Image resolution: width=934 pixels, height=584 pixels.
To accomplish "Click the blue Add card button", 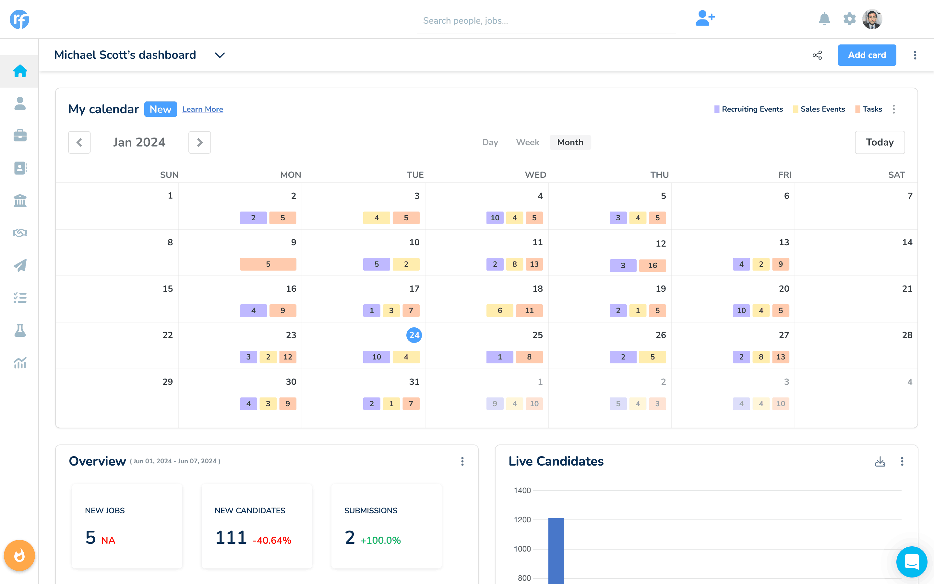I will [x=867, y=55].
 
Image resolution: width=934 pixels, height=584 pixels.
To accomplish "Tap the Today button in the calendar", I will [x=879, y=142].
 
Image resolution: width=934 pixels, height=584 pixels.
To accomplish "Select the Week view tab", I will [x=527, y=142].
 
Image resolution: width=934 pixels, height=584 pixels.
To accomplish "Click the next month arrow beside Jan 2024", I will [x=199, y=142].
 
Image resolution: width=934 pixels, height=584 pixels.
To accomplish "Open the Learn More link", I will [x=202, y=109].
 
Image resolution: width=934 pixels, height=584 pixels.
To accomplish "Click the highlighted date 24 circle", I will [x=414, y=335].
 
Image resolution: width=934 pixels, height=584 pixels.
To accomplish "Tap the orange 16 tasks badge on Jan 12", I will [x=652, y=265].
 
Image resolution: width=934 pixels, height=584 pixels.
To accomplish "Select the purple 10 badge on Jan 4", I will [x=495, y=218].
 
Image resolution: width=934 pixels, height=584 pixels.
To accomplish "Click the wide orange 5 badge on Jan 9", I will [x=268, y=264].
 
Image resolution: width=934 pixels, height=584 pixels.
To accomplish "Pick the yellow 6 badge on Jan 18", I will [x=499, y=310].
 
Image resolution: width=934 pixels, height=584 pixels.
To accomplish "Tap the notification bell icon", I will [x=824, y=18].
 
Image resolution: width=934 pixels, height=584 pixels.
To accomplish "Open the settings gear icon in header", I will [x=849, y=18].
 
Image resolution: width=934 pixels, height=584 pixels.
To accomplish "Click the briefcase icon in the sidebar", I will [x=20, y=136].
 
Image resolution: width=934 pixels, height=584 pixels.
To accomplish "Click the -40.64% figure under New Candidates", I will [x=272, y=540].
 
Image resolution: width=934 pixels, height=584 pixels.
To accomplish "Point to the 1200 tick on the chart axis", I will [x=522, y=519].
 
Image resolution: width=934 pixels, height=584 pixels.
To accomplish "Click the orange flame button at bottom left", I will [x=19, y=555].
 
